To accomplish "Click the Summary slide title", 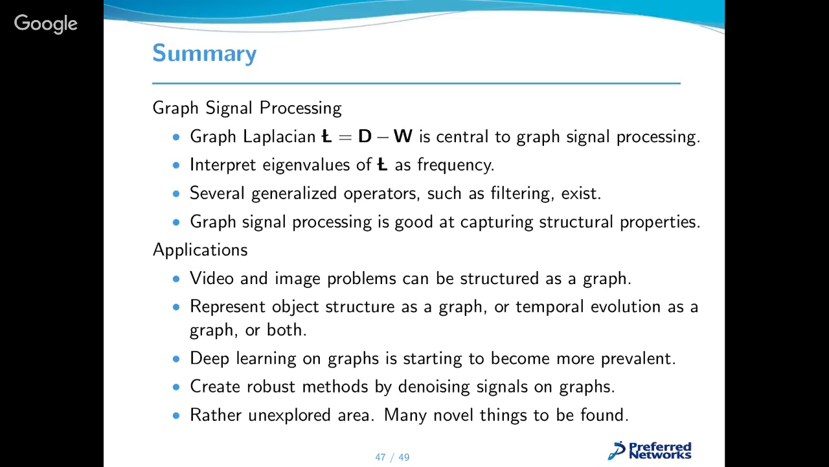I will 204,53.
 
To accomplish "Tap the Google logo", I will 45,24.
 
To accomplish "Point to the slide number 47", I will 380,457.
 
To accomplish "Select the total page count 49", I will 404,457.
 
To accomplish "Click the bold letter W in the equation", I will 402,137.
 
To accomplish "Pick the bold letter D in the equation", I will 365,137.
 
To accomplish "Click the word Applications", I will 200,250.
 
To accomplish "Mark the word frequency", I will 455,165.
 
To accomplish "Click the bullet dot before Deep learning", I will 177,359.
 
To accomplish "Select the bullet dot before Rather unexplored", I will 177,416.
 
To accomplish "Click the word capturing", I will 497,222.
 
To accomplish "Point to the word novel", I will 454,415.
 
